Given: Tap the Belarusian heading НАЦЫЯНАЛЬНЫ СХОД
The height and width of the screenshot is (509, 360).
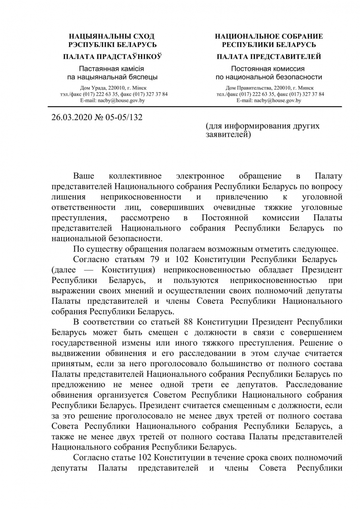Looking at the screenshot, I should (x=112, y=36).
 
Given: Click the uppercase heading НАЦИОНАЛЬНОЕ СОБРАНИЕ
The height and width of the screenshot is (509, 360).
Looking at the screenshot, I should (x=269, y=36).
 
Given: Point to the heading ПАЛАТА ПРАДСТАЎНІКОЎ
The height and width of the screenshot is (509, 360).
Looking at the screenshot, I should (x=112, y=57).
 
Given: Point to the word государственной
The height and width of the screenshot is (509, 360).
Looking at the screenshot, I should (x=84, y=342).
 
